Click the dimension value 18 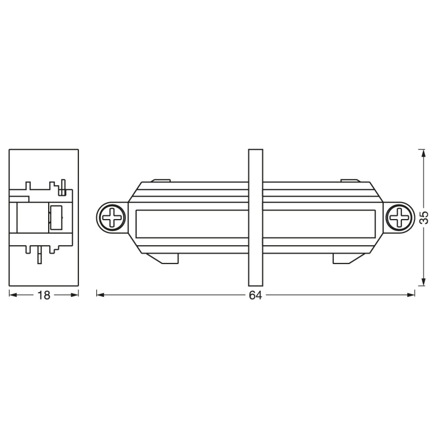[44, 295]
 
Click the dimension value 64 [255, 295]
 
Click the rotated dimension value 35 [424, 218]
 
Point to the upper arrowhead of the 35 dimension [423, 154]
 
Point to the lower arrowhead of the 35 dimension [423, 281]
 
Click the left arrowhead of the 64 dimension [100, 295]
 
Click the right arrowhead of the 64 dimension [410, 295]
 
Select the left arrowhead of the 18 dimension [13, 295]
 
